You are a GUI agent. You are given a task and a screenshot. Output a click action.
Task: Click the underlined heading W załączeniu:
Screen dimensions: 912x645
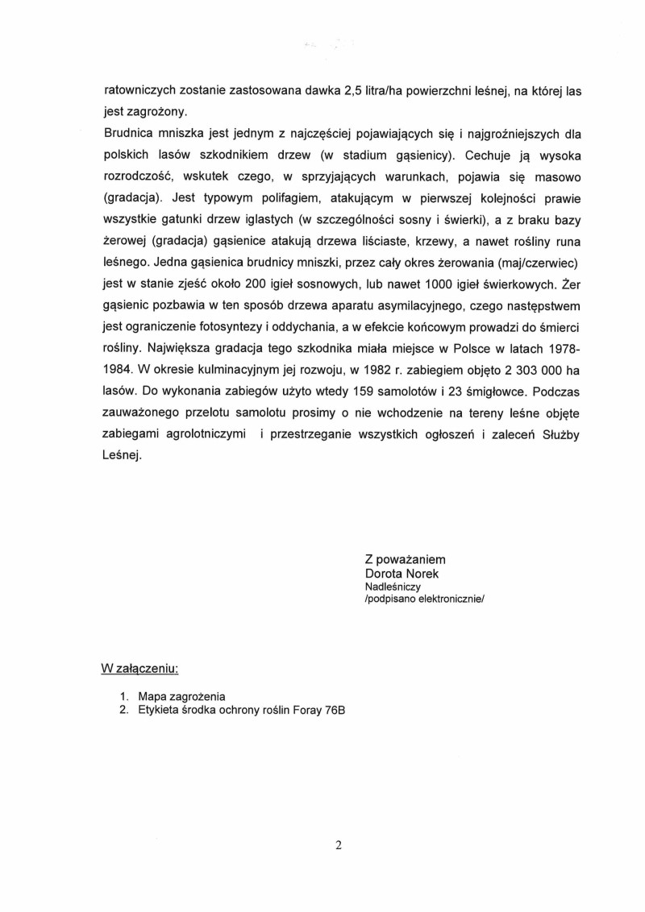click(139, 669)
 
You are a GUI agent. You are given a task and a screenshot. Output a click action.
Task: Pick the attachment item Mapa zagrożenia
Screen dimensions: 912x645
click(181, 695)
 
